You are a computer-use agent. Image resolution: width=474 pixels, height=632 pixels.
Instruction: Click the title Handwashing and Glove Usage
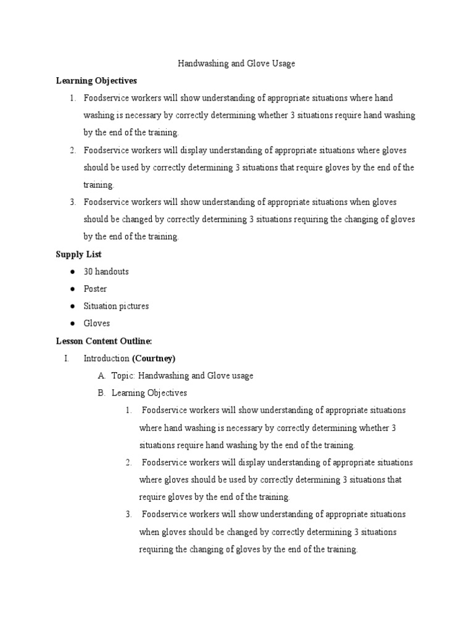[x=236, y=64]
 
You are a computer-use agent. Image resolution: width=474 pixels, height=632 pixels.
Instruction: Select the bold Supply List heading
[x=78, y=254]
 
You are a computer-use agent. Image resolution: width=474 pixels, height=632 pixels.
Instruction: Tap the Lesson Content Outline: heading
[x=104, y=341]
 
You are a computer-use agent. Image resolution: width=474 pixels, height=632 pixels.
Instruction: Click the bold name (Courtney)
[x=154, y=358]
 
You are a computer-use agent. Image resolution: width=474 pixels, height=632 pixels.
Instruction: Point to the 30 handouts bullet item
[x=106, y=272]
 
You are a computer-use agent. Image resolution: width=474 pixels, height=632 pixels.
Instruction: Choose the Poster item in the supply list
[x=95, y=289]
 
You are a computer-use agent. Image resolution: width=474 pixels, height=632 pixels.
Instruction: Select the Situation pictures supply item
[x=116, y=306]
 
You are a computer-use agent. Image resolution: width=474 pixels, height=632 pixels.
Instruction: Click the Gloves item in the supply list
[x=97, y=323]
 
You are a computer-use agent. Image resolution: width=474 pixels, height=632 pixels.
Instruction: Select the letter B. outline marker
[x=101, y=393]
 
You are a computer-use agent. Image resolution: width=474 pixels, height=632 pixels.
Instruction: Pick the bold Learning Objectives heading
[x=96, y=81]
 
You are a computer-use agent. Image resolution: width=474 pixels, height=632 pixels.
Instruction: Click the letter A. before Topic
[x=101, y=375]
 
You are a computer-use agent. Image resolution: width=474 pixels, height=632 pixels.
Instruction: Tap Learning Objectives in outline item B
[x=149, y=393]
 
